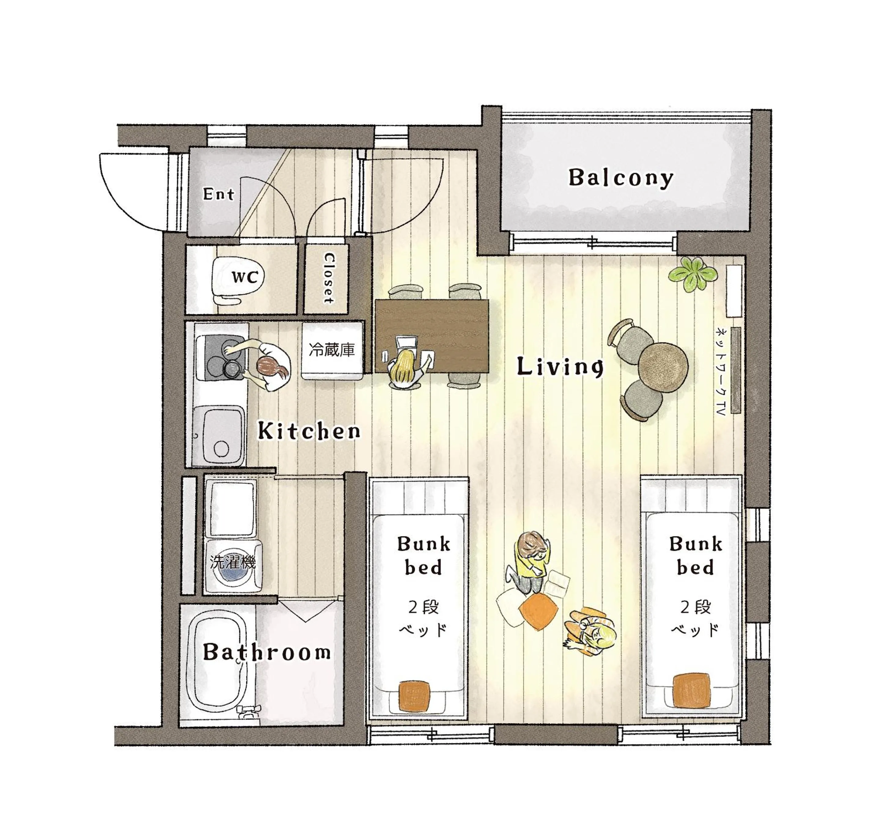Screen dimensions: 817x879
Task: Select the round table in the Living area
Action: click(663, 367)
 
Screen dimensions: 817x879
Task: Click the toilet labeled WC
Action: click(238, 278)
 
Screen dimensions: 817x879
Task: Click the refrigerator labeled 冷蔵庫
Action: click(332, 350)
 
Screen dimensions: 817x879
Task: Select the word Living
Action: click(560, 366)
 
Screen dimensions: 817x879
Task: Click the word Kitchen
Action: click(309, 431)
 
